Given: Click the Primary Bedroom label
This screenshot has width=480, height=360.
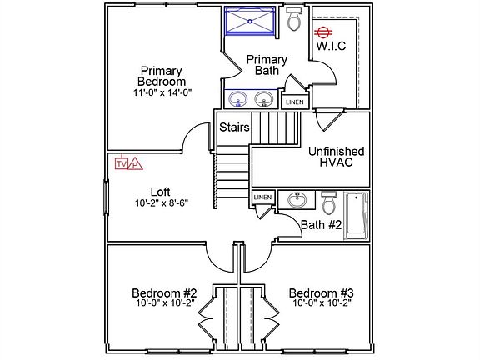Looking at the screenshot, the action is pyautogui.click(x=162, y=76).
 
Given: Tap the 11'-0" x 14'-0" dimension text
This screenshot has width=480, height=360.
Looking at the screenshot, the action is pyautogui.click(x=162, y=92).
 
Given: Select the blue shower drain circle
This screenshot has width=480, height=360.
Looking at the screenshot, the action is pyautogui.click(x=250, y=21).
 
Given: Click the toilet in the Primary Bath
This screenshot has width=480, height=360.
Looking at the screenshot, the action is pyautogui.click(x=295, y=19).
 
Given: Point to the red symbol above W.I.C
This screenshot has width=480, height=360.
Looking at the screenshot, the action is pyautogui.click(x=324, y=32).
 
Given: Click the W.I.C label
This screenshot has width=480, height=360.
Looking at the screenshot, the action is pyautogui.click(x=331, y=46).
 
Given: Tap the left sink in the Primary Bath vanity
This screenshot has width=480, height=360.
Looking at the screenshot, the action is pyautogui.click(x=238, y=99).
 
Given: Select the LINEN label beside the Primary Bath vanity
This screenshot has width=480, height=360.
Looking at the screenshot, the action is pyautogui.click(x=295, y=102).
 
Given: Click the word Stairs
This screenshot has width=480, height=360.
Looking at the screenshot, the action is pyautogui.click(x=234, y=127).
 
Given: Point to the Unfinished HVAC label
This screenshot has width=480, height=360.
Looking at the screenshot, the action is pyautogui.click(x=337, y=157).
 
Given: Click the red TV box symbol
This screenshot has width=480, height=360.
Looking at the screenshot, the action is pyautogui.click(x=121, y=164).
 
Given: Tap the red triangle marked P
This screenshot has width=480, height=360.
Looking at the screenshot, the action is pyautogui.click(x=135, y=164).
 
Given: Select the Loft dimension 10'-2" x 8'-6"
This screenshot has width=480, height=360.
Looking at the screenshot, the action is pyautogui.click(x=162, y=203).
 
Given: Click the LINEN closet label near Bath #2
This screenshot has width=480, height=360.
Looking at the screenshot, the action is pyautogui.click(x=262, y=197).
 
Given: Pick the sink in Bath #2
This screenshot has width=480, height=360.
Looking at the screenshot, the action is pyautogui.click(x=297, y=200).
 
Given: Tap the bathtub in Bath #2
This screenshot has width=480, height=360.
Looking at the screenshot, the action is pyautogui.click(x=357, y=216).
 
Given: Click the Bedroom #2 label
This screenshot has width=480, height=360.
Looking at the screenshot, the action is pyautogui.click(x=164, y=293).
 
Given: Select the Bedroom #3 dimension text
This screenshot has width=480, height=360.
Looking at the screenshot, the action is pyautogui.click(x=322, y=303).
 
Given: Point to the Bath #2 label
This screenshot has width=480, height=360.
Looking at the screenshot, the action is pyautogui.click(x=321, y=225).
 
